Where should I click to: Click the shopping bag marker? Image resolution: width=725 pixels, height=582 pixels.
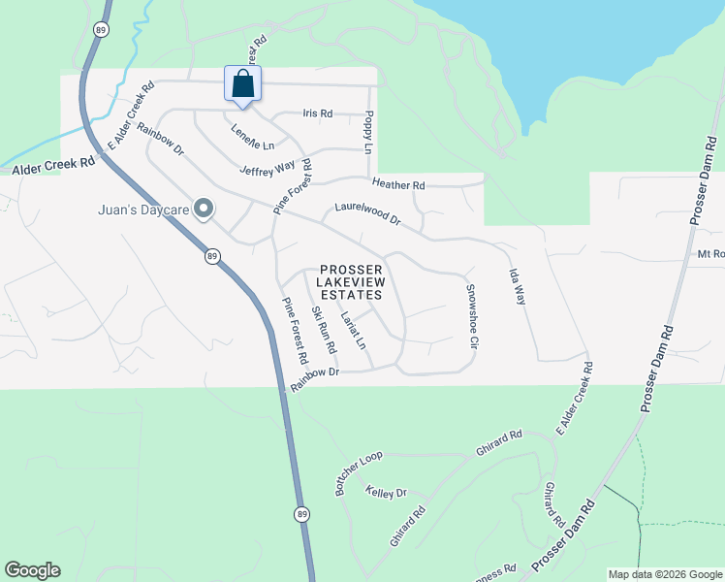(x=242, y=83)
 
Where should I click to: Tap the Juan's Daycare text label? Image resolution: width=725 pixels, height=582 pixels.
(x=144, y=209)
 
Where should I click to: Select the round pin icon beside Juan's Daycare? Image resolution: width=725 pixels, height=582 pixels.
(x=204, y=209)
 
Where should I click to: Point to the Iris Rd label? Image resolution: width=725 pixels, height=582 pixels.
(x=317, y=113)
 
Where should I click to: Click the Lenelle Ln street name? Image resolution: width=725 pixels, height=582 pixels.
(x=252, y=138)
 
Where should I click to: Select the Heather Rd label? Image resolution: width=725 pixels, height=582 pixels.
(x=398, y=184)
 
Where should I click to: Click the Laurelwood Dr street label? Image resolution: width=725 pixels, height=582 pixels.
(x=367, y=213)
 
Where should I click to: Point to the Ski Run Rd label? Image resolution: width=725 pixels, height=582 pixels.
(x=323, y=330)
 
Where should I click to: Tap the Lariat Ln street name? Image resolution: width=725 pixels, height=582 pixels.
(x=354, y=329)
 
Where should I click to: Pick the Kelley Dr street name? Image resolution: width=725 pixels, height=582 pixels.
(x=386, y=493)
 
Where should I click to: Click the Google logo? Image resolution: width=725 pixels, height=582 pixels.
(x=32, y=570)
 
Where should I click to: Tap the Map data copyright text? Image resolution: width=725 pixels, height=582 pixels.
(x=664, y=574)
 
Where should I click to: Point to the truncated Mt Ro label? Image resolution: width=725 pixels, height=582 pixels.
(x=710, y=254)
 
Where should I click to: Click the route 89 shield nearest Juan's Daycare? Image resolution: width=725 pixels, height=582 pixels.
(x=212, y=257)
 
